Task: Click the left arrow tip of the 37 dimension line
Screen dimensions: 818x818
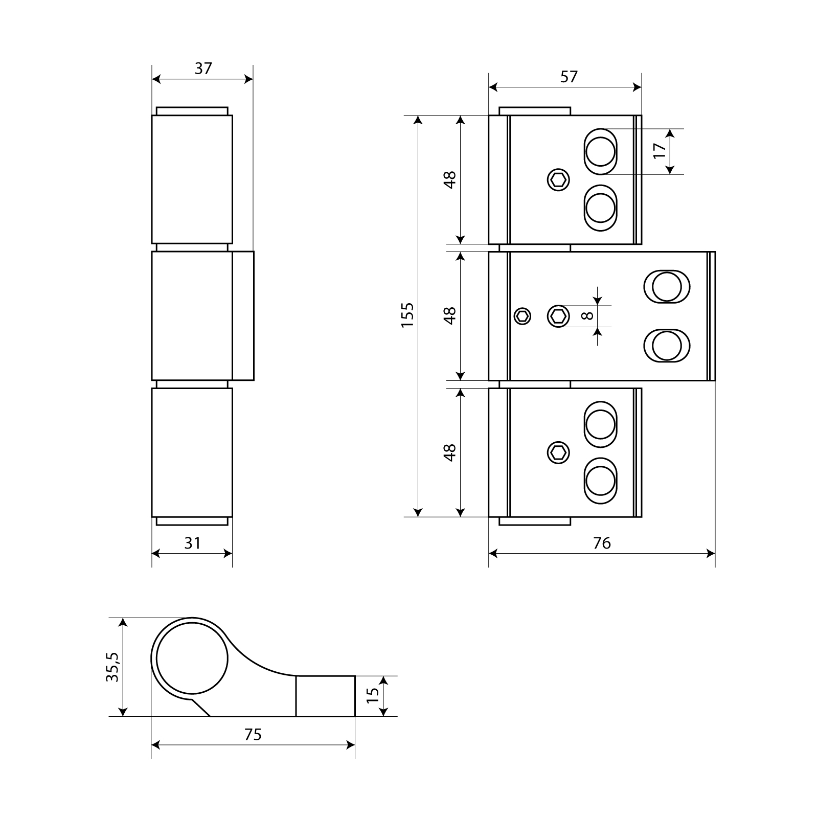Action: (x=152, y=79)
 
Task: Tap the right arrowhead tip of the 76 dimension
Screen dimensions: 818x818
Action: (x=715, y=553)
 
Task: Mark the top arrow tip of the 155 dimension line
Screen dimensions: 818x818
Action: (x=418, y=116)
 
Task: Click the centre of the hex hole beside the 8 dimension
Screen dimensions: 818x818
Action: (x=558, y=315)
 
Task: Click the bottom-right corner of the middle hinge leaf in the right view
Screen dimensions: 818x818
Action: (x=715, y=380)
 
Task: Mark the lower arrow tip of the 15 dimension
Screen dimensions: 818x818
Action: (x=385, y=716)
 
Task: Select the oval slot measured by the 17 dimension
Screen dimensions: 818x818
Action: (x=600, y=151)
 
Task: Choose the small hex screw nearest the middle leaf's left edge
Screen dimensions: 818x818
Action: (x=522, y=316)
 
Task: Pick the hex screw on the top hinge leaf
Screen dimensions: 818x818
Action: (x=558, y=180)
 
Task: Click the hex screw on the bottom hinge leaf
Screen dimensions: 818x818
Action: (x=558, y=452)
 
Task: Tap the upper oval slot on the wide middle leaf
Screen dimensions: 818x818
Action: (x=666, y=286)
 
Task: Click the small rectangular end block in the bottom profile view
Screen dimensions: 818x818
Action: (x=325, y=696)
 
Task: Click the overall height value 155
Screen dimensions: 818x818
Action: (x=407, y=315)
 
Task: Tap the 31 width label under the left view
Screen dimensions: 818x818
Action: (x=192, y=543)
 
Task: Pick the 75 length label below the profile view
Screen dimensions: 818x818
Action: (x=253, y=735)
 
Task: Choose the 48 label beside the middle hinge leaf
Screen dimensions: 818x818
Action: (x=449, y=315)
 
